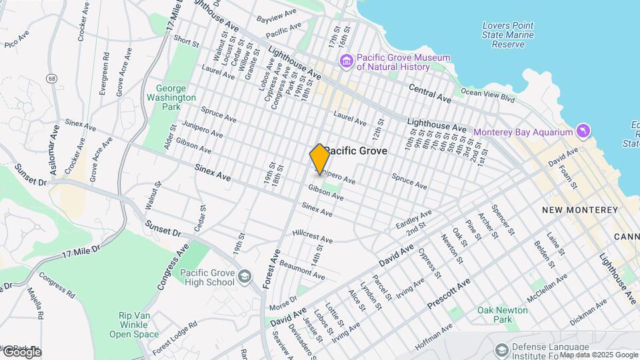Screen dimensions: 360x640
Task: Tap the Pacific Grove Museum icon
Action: coord(346,62)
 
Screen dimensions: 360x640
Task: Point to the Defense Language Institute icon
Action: coord(501,350)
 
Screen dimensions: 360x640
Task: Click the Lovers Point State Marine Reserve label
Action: coord(509,35)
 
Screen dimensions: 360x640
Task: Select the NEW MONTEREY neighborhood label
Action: coord(579,210)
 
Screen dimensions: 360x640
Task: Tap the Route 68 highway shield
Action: coord(51,79)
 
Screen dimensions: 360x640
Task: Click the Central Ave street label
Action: coord(430,93)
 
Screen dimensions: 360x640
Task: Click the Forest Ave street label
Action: coord(272,268)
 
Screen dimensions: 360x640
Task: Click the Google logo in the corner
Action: coord(21,352)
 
